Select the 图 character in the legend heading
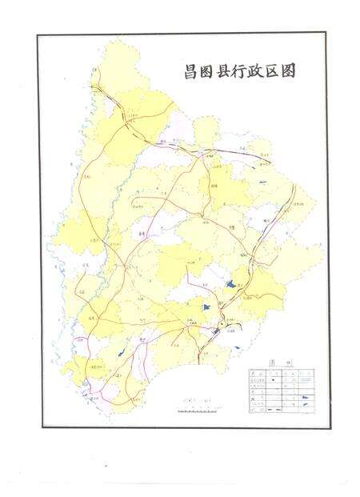(271, 363)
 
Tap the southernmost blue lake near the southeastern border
(239, 347)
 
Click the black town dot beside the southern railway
(215, 329)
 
